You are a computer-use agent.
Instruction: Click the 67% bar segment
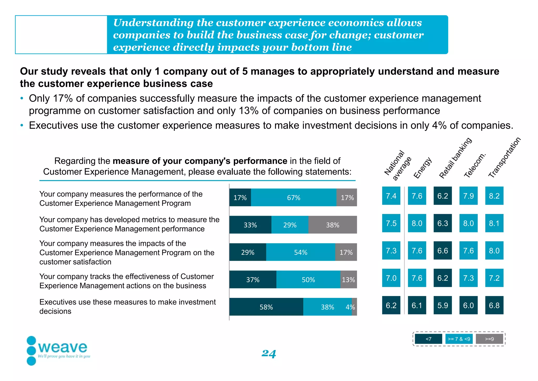293,197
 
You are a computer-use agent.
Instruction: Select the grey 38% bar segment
333,225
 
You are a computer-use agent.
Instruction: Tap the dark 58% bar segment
266,307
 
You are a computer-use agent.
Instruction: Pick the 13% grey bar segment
348,279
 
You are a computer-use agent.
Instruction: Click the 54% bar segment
301,252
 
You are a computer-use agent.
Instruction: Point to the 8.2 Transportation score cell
494,196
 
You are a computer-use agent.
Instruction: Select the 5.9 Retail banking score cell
443,305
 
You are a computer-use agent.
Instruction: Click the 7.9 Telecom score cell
468,196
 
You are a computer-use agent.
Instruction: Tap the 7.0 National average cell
391,278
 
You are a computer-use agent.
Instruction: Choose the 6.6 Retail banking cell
443,250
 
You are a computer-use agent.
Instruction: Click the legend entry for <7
428,339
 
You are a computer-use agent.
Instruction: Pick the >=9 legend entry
489,339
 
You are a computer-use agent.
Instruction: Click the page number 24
268,353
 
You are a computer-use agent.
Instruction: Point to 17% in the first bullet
63,98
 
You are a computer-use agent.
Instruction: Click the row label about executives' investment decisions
127,307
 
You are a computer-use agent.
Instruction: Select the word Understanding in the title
153,23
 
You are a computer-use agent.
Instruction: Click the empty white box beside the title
61,35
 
